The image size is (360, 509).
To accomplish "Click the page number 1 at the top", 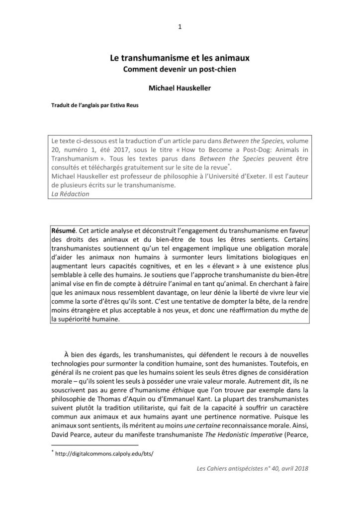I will click(x=180, y=27).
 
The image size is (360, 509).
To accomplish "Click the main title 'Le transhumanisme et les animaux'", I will click(x=180, y=58).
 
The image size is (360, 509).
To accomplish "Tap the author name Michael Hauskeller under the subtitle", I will click(x=180, y=88).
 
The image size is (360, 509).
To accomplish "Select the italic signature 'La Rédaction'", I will click(x=70, y=194).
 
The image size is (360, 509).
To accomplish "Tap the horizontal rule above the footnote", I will click(x=94, y=445).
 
